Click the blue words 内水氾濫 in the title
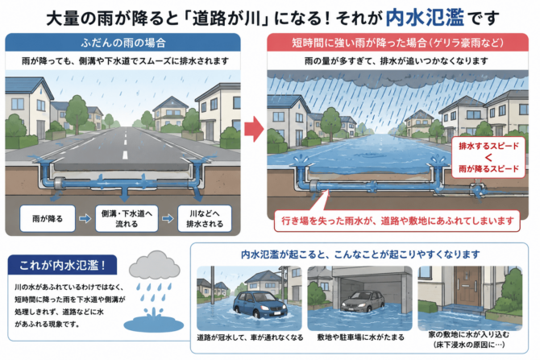pyautogui.click(x=425, y=17)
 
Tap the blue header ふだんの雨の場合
pyautogui.click(x=123, y=43)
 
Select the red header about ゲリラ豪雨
pyautogui.click(x=398, y=43)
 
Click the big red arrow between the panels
pyautogui.click(x=254, y=129)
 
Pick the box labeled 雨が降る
pyautogui.click(x=48, y=218)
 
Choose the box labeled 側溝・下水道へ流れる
pyautogui.click(x=127, y=218)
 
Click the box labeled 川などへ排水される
pyautogui.click(x=205, y=218)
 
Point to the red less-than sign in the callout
pyautogui.click(x=488, y=158)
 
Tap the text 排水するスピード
pyautogui.click(x=488, y=146)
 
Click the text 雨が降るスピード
pyautogui.click(x=488, y=169)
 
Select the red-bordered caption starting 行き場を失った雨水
pyautogui.click(x=397, y=221)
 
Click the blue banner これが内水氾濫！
pyautogui.click(x=62, y=265)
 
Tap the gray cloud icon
pyautogui.click(x=155, y=265)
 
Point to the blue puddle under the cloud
pyautogui.click(x=154, y=323)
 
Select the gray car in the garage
pyautogui.click(x=363, y=301)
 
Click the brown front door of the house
pyautogui.click(x=467, y=286)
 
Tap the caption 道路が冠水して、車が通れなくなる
pyautogui.click(x=250, y=337)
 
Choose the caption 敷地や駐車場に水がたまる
pyautogui.click(x=360, y=337)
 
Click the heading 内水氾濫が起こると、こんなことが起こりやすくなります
pyautogui.click(x=360, y=254)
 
